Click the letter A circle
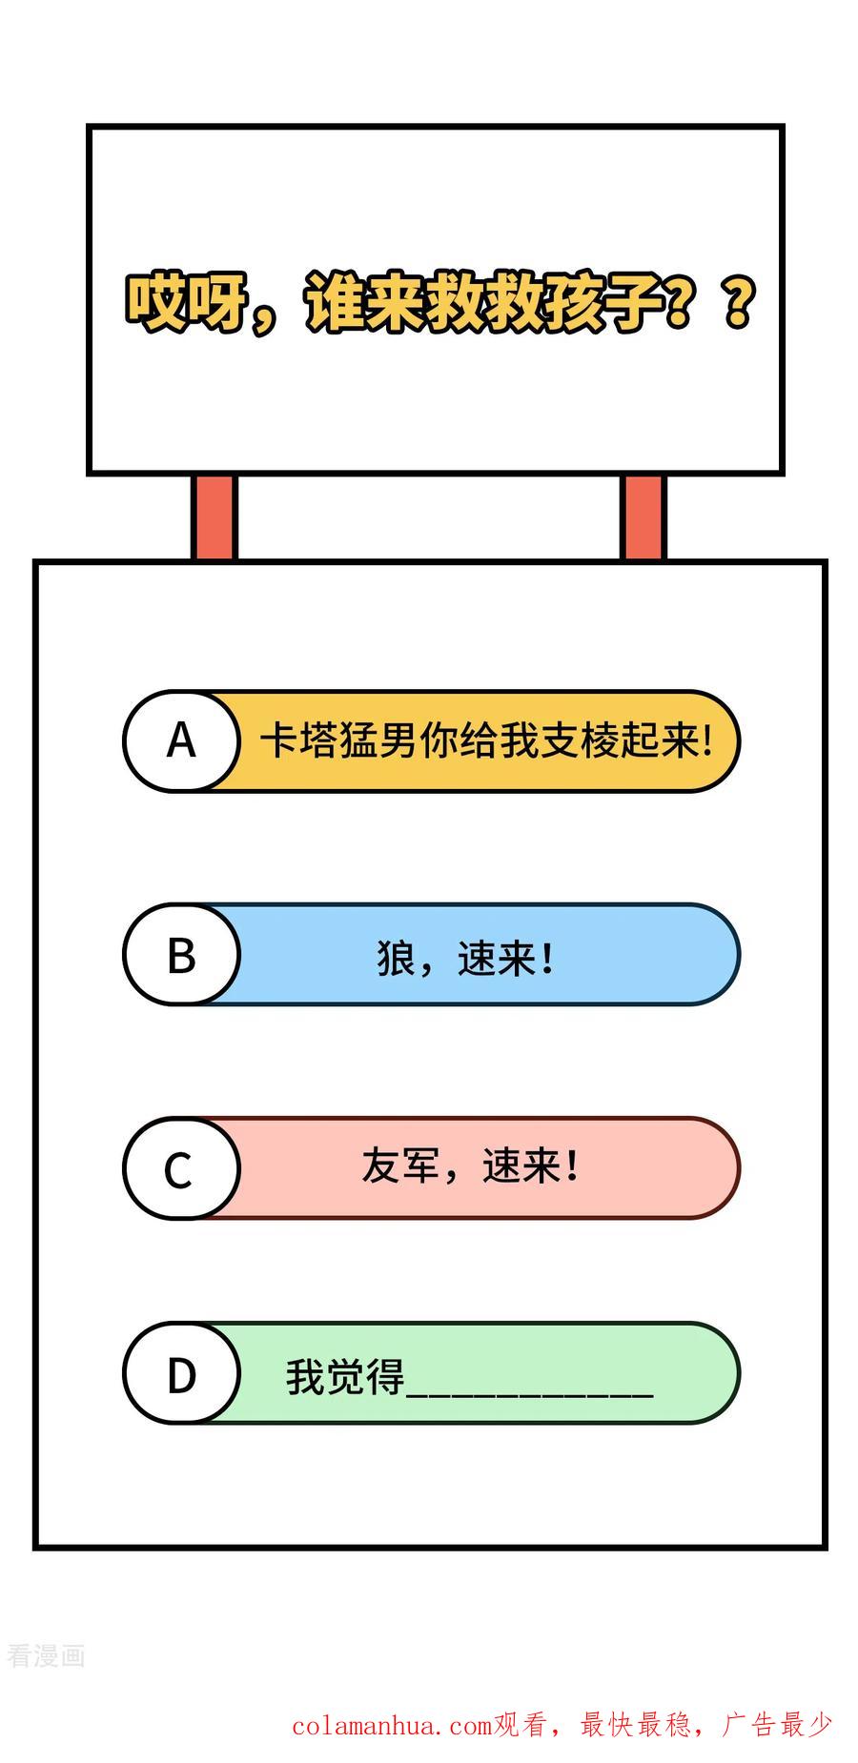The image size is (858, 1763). pyautogui.click(x=181, y=740)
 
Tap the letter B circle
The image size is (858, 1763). pyautogui.click(x=181, y=954)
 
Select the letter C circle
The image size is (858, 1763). pyautogui.click(x=181, y=1167)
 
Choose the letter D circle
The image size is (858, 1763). pyautogui.click(x=181, y=1373)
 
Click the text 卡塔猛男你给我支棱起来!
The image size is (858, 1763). pyautogui.click(x=486, y=740)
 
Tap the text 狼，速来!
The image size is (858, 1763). pyautogui.click(x=465, y=957)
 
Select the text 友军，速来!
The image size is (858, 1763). pyautogui.click(x=470, y=1165)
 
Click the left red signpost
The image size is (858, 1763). pyautogui.click(x=214, y=517)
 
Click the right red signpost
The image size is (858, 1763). pyautogui.click(x=643, y=517)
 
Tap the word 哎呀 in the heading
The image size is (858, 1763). pyautogui.click(x=187, y=304)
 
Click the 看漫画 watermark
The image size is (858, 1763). pyautogui.click(x=46, y=1656)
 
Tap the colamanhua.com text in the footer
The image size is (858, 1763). pyautogui.click(x=392, y=1726)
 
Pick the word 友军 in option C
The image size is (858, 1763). pyautogui.click(x=400, y=1165)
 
